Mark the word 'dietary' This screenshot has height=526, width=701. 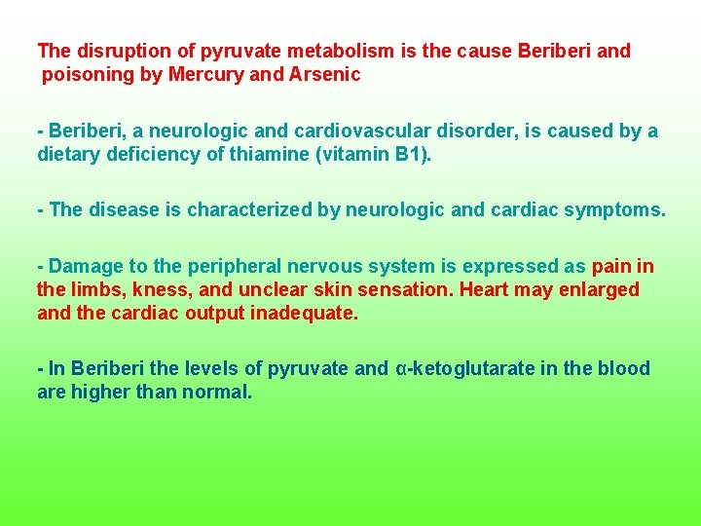(x=67, y=154)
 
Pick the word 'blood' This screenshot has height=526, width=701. (x=624, y=368)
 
